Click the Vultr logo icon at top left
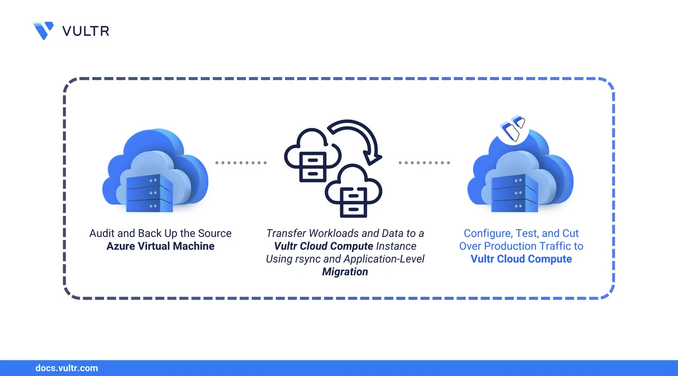coord(43,30)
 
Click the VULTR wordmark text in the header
coord(85,31)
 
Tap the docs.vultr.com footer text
coord(66,368)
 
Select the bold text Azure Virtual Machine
coord(160,246)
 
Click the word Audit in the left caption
coord(101,233)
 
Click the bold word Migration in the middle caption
coord(345,272)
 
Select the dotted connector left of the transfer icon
coord(240,163)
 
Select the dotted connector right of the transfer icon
coord(424,163)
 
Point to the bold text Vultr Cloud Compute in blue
coord(521,259)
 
